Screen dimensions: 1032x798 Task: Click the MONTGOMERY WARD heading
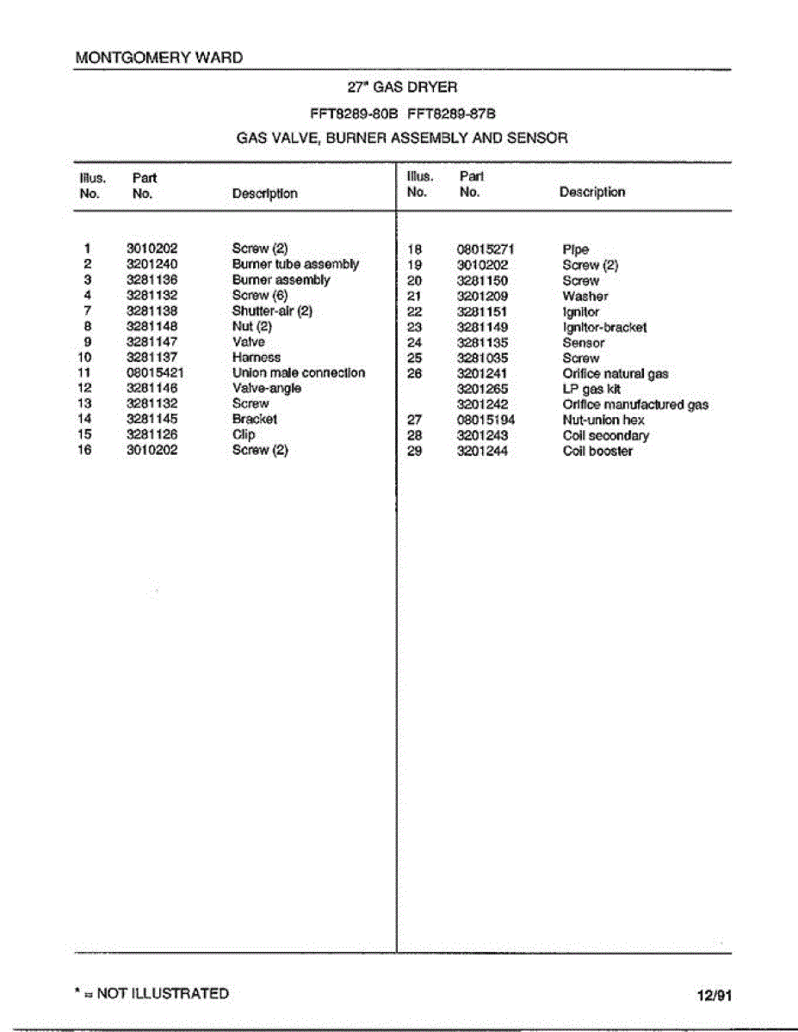(159, 58)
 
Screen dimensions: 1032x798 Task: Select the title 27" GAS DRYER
(402, 87)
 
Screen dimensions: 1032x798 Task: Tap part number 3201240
(152, 265)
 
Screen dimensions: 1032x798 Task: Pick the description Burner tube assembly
(295, 265)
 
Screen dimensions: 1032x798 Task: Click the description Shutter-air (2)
(271, 311)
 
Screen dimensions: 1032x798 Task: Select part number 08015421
(155, 373)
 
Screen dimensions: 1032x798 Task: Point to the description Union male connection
(299, 373)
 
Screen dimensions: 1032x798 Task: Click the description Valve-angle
(267, 389)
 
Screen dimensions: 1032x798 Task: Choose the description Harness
(257, 358)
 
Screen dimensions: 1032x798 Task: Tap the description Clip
(244, 435)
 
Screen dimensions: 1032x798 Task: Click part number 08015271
(486, 250)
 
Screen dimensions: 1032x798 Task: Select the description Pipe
(576, 250)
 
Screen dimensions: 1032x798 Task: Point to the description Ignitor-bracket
(604, 328)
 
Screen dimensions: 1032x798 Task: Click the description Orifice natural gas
(616, 374)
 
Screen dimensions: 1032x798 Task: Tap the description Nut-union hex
(603, 421)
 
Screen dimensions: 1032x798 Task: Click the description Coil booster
(597, 451)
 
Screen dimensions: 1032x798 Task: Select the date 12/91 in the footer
(714, 996)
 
